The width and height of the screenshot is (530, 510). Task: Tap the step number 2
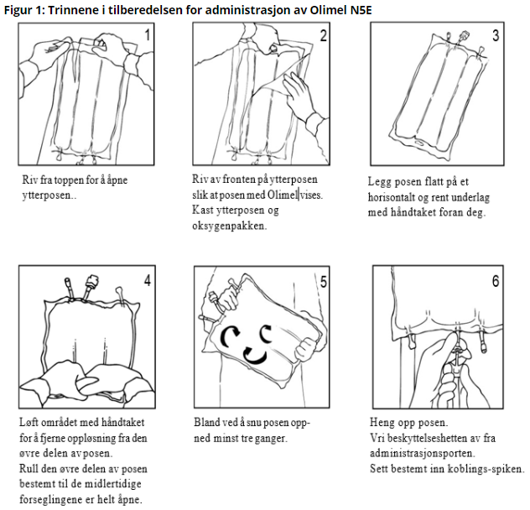tap(324, 35)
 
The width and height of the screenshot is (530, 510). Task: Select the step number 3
tap(496, 35)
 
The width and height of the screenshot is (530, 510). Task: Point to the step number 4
tap(148, 280)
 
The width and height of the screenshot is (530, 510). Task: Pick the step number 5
tap(324, 280)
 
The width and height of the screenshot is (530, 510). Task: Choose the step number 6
tap(496, 280)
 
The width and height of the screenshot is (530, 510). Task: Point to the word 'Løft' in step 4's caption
tap(32, 423)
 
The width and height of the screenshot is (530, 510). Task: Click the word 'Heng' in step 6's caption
tap(383, 423)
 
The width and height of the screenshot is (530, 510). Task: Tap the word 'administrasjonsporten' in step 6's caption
tap(422, 453)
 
